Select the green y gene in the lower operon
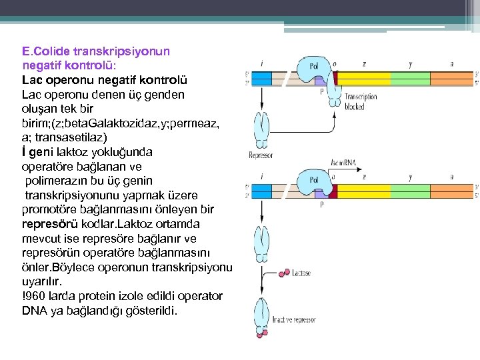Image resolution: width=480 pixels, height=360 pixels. pos(411,191)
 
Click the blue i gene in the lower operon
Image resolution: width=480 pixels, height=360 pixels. pos(262,191)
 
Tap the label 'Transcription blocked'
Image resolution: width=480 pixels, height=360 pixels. pos(361,101)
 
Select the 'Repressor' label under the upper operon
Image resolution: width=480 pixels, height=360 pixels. pos(261,155)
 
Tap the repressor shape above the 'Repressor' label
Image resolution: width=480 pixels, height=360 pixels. pos(261,129)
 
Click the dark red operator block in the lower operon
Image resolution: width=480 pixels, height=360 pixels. pos(333,191)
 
